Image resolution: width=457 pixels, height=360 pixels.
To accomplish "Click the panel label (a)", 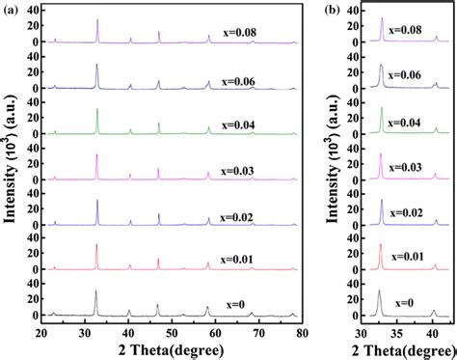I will click(11, 8).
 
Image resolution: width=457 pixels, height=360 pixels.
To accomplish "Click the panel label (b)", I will click(333, 8).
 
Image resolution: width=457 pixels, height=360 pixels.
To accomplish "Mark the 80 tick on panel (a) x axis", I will click(301, 331).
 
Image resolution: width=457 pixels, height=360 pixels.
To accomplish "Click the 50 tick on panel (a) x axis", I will click(172, 331).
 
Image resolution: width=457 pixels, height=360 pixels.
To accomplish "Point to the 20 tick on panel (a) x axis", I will click(42, 331).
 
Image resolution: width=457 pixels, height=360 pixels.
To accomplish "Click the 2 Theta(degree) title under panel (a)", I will click(172, 348).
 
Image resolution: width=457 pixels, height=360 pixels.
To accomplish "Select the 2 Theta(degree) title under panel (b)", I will click(400, 348).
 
